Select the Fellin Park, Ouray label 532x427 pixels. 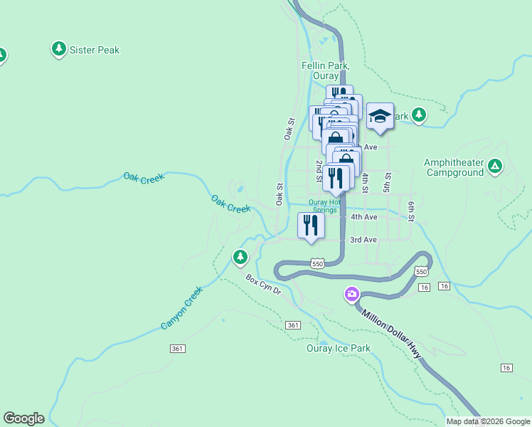(x=324, y=70)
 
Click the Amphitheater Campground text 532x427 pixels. (x=454, y=167)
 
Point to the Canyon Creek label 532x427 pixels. (x=181, y=307)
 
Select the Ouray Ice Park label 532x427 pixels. (x=339, y=348)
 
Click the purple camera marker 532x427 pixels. (x=351, y=293)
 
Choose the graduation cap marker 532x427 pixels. (x=380, y=116)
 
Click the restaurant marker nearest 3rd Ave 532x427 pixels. (x=311, y=226)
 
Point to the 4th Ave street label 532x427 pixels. (x=363, y=217)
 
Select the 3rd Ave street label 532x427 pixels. (x=363, y=241)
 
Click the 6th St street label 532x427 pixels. (x=411, y=209)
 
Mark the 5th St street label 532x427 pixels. (x=388, y=181)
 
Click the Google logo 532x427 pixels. (x=23, y=418)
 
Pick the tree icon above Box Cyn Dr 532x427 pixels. (x=241, y=256)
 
